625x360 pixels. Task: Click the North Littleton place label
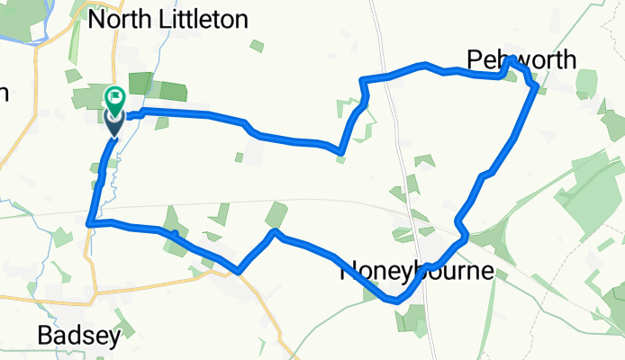[x=169, y=20]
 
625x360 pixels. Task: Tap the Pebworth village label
[x=521, y=59]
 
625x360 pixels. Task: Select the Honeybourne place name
[x=416, y=272]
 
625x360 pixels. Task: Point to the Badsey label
[x=79, y=336]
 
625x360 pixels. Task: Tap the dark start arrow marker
[x=113, y=124]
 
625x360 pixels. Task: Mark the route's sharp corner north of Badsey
[x=88, y=222]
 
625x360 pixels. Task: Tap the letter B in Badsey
[x=45, y=336]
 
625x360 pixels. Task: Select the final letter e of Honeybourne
[x=486, y=272]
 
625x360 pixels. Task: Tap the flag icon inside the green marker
[x=117, y=94]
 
